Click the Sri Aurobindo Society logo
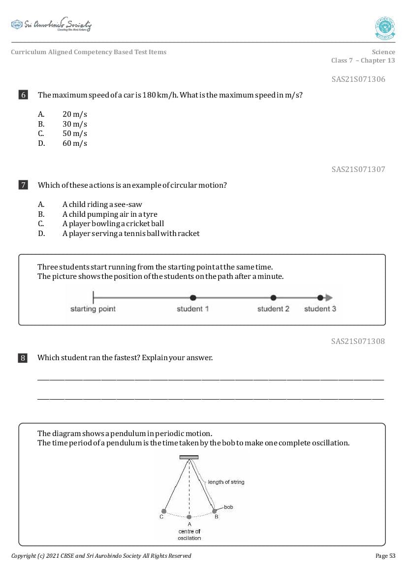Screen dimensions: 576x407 point(51,25)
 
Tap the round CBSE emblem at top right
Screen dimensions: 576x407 point(385,28)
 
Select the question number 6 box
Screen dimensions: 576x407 point(23,95)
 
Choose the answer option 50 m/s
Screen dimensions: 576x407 point(74,134)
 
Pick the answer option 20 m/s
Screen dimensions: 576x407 point(74,114)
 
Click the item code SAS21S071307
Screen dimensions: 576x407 point(358,169)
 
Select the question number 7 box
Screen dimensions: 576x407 point(23,185)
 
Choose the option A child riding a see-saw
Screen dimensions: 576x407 point(102,204)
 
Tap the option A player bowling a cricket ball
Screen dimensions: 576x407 point(113,224)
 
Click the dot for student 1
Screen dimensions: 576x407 point(193,298)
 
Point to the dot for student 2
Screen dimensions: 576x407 point(274,298)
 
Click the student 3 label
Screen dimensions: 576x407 point(320,309)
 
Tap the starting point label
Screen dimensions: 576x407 point(93,309)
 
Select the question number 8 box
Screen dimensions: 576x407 point(23,358)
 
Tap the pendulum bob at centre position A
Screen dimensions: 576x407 point(189,517)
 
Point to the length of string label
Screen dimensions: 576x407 point(226,482)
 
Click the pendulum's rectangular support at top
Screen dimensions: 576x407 point(189,457)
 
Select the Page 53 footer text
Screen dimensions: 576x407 point(385,556)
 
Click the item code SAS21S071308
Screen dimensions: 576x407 point(358,341)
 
